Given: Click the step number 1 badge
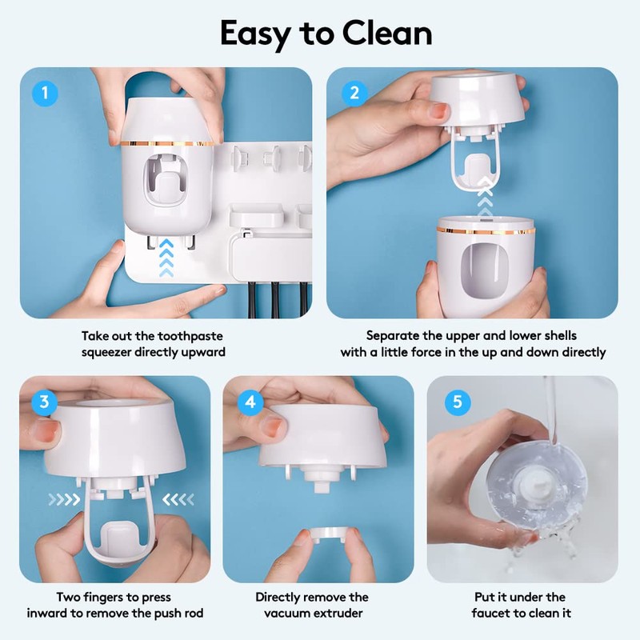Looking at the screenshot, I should [46, 94].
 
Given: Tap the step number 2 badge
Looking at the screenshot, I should [353, 94].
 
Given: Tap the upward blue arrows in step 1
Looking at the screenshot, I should [165, 255].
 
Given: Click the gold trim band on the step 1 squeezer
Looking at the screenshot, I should [167, 144].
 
